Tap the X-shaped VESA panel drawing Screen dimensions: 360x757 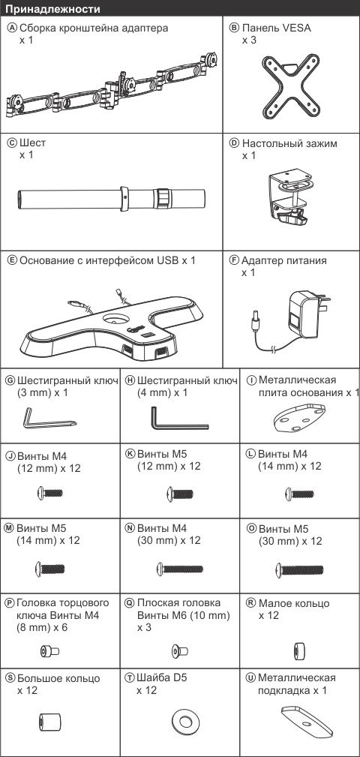click(x=291, y=88)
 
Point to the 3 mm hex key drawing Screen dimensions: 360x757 click(x=47, y=418)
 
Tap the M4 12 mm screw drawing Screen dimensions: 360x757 click(x=49, y=493)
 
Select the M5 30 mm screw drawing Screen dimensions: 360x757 click(x=298, y=569)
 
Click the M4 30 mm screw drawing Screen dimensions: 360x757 click(x=179, y=569)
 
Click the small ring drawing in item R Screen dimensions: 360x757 click(x=298, y=650)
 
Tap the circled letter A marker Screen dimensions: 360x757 click(x=13, y=28)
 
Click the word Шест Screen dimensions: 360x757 click(x=33, y=143)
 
